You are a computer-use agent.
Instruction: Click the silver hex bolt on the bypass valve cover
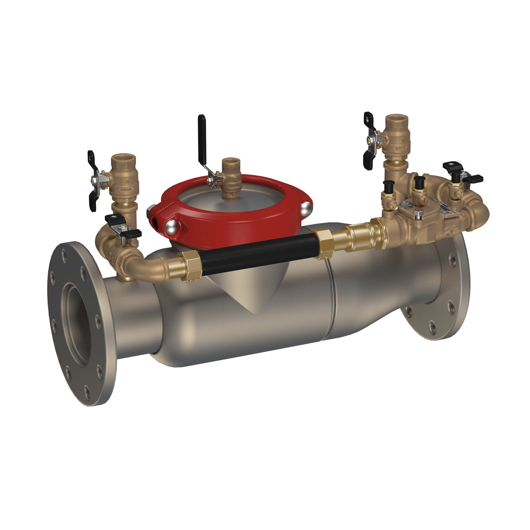coord(418,214)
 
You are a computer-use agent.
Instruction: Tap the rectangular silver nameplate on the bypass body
coord(445,211)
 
